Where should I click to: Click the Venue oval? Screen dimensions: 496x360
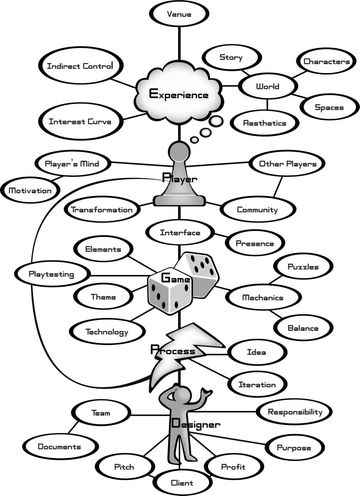tap(179, 14)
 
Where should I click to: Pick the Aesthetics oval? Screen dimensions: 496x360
tap(264, 123)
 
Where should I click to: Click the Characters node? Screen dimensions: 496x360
tap(326, 62)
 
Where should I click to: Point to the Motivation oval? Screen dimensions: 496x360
tap(30, 190)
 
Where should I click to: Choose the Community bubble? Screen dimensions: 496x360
tap(257, 210)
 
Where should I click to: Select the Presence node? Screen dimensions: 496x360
tap(255, 244)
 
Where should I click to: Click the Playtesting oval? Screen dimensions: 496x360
tap(52, 274)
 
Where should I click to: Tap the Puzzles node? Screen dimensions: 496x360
tap(303, 267)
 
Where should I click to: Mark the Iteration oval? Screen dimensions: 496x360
tap(257, 385)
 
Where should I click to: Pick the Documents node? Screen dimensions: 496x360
tap(60, 447)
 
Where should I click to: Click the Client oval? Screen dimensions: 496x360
tap(182, 483)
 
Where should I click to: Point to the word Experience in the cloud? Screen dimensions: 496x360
tap(179, 95)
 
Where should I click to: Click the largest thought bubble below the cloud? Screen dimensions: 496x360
tap(216, 121)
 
